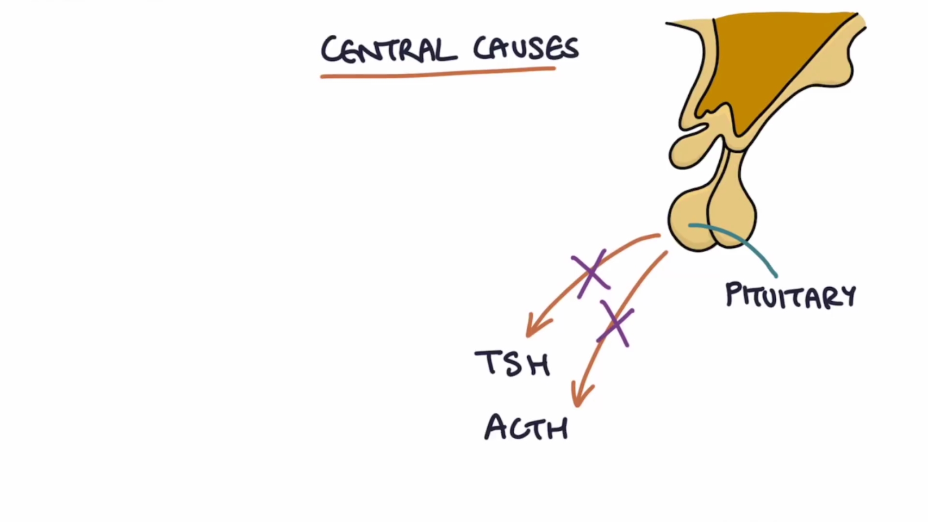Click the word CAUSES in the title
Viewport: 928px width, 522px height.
(526, 48)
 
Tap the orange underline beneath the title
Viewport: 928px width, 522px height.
(438, 72)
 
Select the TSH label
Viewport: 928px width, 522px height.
(512, 363)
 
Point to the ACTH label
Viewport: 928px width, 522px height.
(526, 428)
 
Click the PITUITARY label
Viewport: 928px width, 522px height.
(790, 295)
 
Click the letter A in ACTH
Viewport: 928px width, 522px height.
(496, 427)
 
